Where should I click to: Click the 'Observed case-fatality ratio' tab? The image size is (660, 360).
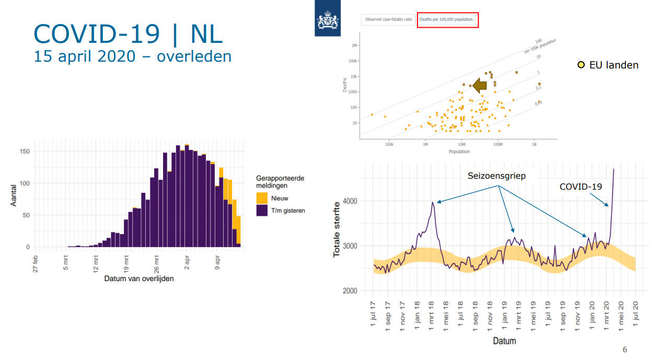(x=388, y=20)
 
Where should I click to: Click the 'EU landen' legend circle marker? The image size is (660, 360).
(x=581, y=65)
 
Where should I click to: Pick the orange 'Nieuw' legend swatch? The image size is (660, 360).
(x=262, y=198)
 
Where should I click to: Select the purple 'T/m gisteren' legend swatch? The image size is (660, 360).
(x=262, y=210)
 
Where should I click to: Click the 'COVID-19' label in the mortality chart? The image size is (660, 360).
(x=581, y=187)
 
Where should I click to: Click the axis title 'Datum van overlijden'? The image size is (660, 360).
(x=139, y=278)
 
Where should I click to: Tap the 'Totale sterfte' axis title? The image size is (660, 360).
(x=337, y=229)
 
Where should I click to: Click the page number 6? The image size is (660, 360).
(x=625, y=350)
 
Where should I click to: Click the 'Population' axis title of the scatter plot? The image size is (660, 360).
(x=459, y=152)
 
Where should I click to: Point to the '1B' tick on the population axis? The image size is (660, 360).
(x=534, y=144)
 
